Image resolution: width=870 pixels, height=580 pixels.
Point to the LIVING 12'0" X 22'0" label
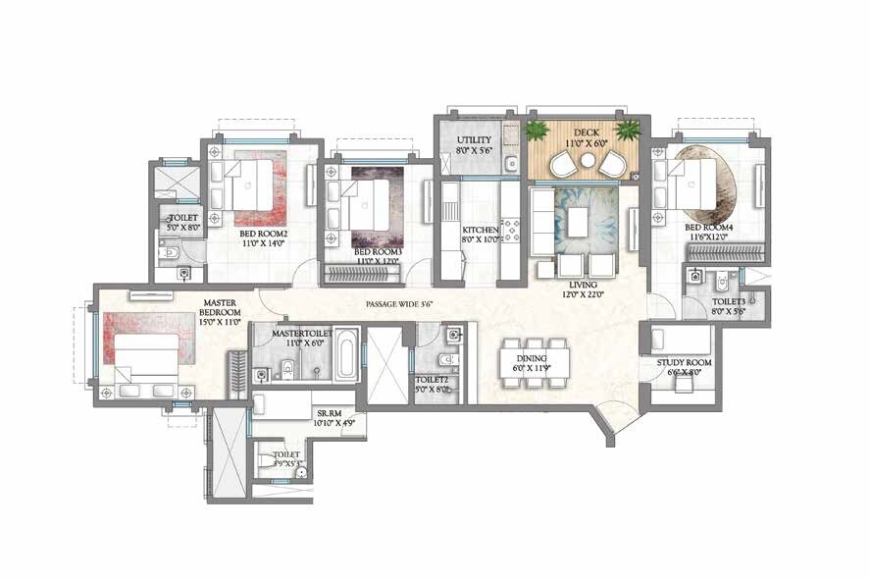point(578,289)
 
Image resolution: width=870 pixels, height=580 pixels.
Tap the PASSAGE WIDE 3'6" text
point(399,304)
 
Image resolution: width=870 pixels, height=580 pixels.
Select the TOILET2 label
point(433,384)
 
